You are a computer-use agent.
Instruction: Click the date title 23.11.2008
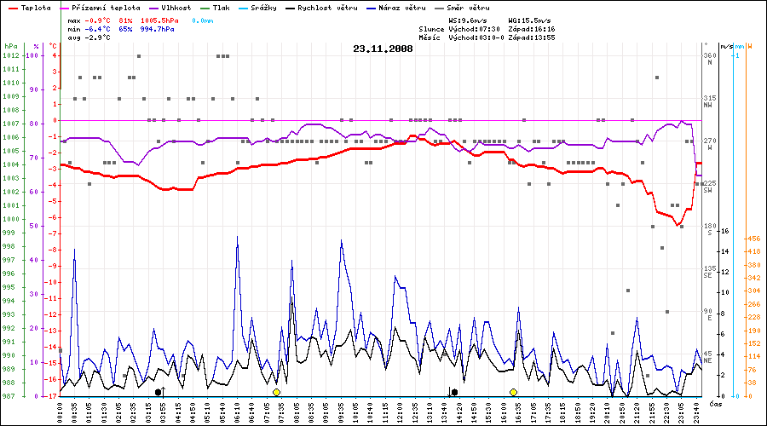383,49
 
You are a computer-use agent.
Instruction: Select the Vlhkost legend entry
176,7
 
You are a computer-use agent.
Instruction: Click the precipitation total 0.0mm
204,20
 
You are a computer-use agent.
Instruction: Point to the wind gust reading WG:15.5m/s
529,20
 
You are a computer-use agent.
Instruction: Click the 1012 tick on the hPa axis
11,55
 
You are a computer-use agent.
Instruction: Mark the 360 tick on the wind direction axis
709,55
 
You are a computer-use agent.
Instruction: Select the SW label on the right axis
708,190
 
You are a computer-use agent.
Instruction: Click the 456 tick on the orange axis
753,239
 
